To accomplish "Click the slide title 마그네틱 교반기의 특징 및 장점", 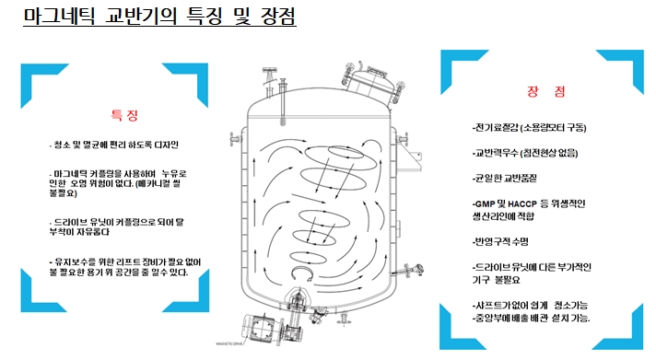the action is tap(159, 16).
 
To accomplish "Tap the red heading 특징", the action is tap(124, 115).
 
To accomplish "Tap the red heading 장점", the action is tap(546, 91).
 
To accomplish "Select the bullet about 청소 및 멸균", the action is tap(114, 145).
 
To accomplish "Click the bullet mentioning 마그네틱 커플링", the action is tap(118, 183).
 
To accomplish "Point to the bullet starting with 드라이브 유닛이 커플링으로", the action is tap(116, 226).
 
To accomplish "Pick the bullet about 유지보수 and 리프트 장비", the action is tap(125, 267).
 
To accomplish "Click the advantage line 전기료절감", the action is tap(529, 128).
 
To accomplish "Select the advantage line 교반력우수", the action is tap(525, 153).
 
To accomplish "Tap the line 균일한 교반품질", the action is tap(504, 178).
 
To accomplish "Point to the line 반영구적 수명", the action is tap(500, 241).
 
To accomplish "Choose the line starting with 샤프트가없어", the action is tap(530, 306).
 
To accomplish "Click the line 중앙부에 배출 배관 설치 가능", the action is tap(531, 319).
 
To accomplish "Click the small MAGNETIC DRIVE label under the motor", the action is tap(229, 343).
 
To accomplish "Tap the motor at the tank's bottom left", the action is tap(260, 329).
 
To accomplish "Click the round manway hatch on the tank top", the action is tap(372, 82).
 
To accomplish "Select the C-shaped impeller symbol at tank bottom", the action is tap(302, 273).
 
